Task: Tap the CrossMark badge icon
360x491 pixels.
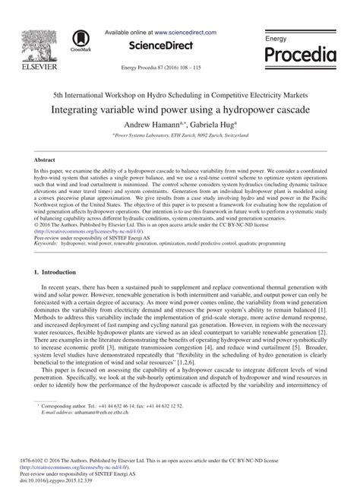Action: click(x=78, y=41)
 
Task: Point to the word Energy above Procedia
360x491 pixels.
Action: click(x=277, y=37)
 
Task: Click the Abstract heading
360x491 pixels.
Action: click(x=45, y=162)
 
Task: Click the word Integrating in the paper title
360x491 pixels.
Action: click(x=84, y=108)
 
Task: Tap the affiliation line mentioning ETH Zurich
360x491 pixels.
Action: click(x=180, y=135)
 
